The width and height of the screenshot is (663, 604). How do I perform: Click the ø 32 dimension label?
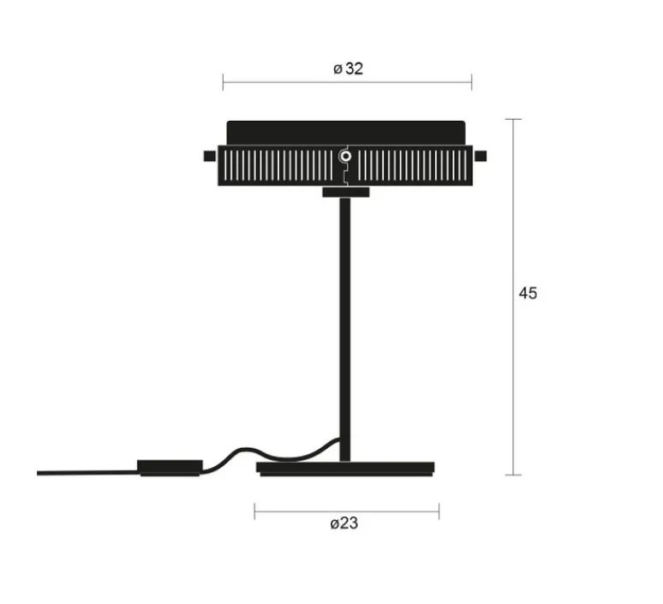tap(349, 69)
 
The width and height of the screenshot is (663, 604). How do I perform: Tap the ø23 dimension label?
tap(344, 524)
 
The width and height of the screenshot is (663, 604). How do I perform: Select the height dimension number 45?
tap(528, 293)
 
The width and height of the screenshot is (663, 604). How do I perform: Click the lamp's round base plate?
tap(346, 469)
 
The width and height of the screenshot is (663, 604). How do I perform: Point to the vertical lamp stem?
tap(345, 326)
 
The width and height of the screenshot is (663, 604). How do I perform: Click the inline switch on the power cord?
tap(170, 467)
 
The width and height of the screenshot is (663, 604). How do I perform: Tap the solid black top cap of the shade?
tap(346, 132)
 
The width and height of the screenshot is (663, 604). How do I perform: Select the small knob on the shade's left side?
tap(209, 155)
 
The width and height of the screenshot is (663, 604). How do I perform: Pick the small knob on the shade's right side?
tap(481, 155)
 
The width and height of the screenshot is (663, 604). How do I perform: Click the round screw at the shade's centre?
tap(345, 156)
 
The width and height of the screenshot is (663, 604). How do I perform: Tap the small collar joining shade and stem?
tap(345, 191)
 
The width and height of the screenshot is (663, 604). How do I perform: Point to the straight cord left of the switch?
tap(86, 472)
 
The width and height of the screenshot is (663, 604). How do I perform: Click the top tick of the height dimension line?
tap(513, 119)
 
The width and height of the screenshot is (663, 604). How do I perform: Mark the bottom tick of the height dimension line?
tap(513, 474)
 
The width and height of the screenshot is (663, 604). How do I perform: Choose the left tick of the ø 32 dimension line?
tap(224, 82)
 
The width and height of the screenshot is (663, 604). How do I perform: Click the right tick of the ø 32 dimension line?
tap(471, 82)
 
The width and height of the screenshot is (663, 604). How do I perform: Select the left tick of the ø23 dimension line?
tap(255, 511)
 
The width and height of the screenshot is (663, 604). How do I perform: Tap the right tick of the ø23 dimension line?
tap(439, 511)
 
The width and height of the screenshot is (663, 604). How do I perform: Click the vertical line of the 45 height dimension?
tap(513, 214)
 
